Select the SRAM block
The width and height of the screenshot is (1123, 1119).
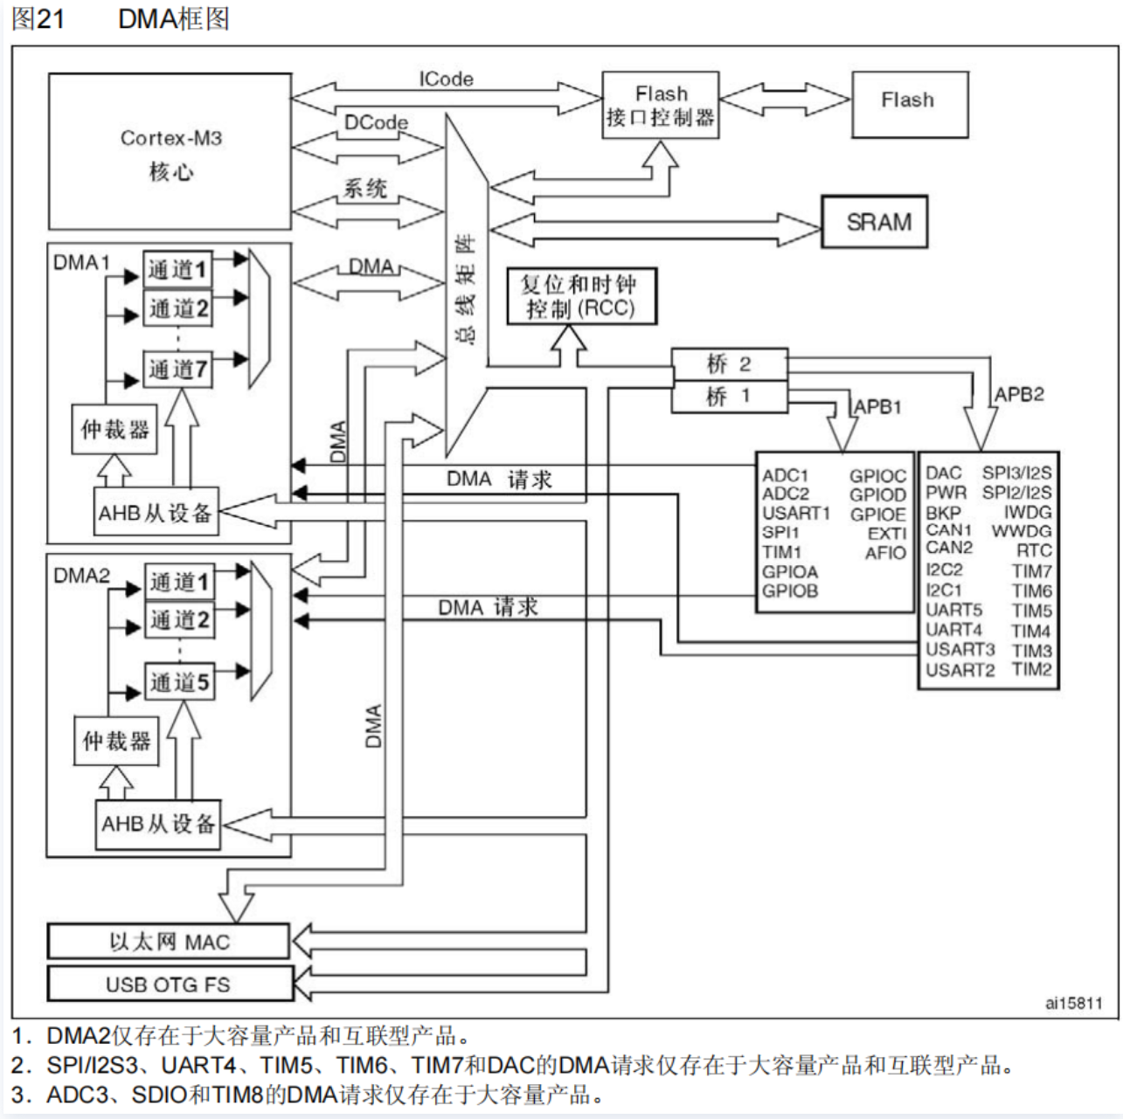(874, 222)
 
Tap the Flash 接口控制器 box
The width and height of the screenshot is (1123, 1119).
(661, 106)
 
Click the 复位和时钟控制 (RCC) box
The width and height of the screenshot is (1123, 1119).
(581, 297)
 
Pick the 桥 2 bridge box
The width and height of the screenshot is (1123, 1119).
(729, 364)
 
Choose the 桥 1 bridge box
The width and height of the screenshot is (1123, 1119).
(729, 397)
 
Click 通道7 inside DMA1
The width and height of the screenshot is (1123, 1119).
(177, 370)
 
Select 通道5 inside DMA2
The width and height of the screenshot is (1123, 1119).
(179, 682)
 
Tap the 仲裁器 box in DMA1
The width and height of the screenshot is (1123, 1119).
(114, 430)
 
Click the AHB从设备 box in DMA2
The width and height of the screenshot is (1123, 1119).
(158, 824)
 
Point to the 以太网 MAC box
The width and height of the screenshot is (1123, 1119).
(169, 942)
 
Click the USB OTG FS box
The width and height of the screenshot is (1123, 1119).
(169, 984)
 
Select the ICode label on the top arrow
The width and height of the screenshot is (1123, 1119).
(446, 79)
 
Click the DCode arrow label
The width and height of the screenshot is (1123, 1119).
(376, 123)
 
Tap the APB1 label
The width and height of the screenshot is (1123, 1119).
(877, 407)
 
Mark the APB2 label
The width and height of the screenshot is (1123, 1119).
(1019, 394)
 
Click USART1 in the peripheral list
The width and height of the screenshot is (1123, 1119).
(795, 513)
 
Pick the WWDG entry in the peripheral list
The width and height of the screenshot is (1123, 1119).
(1022, 531)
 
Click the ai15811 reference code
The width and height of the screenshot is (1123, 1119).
(1073, 1003)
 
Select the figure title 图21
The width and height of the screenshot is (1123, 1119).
(38, 18)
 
